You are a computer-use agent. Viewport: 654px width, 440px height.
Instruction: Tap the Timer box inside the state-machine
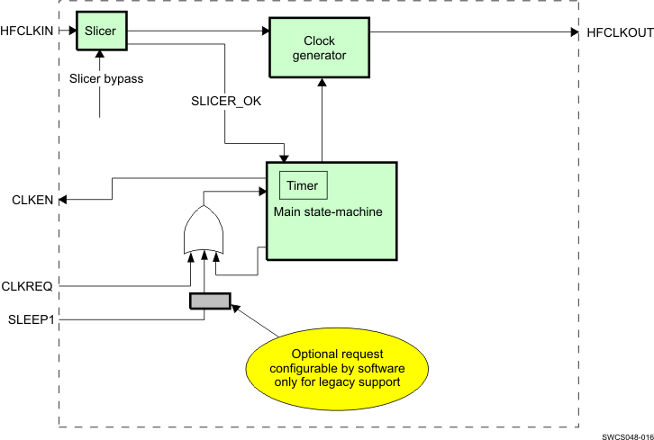pos(303,185)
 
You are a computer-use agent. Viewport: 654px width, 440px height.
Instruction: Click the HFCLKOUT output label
pos(619,31)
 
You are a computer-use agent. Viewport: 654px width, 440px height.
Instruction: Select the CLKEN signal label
pos(31,199)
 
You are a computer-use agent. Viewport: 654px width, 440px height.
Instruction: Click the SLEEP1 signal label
pos(31,319)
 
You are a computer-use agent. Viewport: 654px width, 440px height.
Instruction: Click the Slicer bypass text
pos(106,78)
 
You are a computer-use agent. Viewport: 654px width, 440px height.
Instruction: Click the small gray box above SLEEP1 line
pos(210,301)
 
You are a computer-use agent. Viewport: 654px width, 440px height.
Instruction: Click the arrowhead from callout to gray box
pos(236,307)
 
